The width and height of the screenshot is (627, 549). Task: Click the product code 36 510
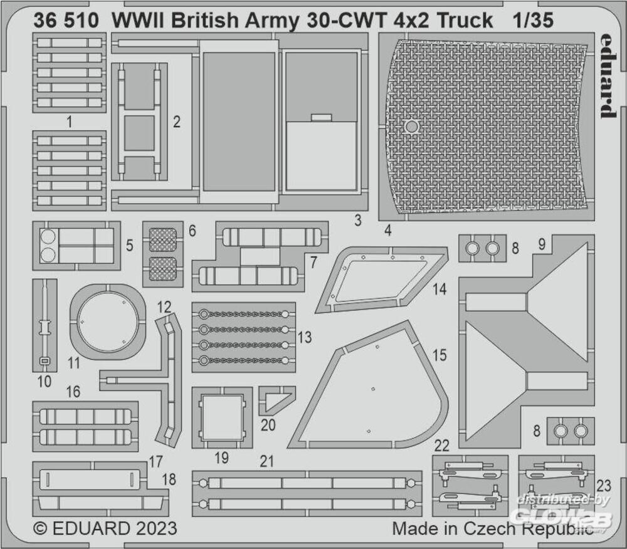(x=66, y=20)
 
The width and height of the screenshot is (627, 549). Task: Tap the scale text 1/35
(x=534, y=20)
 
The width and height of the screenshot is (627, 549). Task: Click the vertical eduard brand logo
(x=608, y=76)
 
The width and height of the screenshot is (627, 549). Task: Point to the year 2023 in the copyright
(x=156, y=528)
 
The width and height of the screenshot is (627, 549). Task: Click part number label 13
(x=305, y=337)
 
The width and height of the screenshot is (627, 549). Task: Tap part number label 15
(x=440, y=355)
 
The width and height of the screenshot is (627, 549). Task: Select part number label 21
(x=266, y=461)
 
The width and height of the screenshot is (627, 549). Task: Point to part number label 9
(x=542, y=244)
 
